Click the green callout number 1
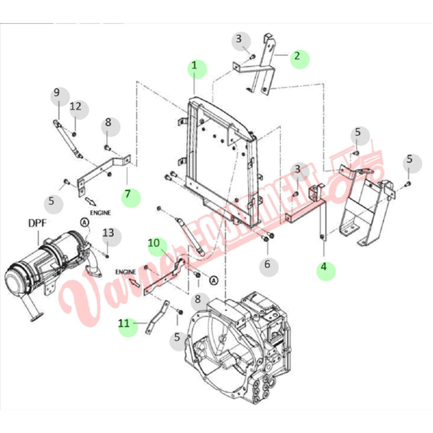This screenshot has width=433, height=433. click(x=194, y=66)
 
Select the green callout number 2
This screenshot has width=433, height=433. click(x=298, y=56)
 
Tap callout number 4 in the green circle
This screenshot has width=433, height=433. click(x=324, y=267)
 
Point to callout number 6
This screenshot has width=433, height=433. click(x=267, y=264)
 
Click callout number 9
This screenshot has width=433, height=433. click(x=56, y=93)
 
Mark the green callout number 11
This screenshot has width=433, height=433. click(x=124, y=324)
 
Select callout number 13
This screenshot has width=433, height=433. click(x=108, y=233)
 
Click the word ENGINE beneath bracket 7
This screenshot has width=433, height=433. click(x=100, y=213)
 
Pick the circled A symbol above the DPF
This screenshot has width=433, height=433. click(x=84, y=223)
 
